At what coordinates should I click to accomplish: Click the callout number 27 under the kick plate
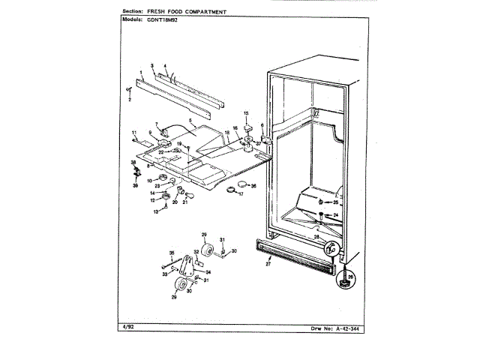coord(268,265)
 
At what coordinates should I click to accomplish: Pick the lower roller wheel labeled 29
coord(180,286)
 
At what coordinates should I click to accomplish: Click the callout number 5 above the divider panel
coord(190,120)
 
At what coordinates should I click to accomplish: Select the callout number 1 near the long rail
coord(140,72)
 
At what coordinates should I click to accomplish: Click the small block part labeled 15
coord(245,124)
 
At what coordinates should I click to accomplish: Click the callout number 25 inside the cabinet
coord(336,202)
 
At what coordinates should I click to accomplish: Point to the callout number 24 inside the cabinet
coord(336,215)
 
